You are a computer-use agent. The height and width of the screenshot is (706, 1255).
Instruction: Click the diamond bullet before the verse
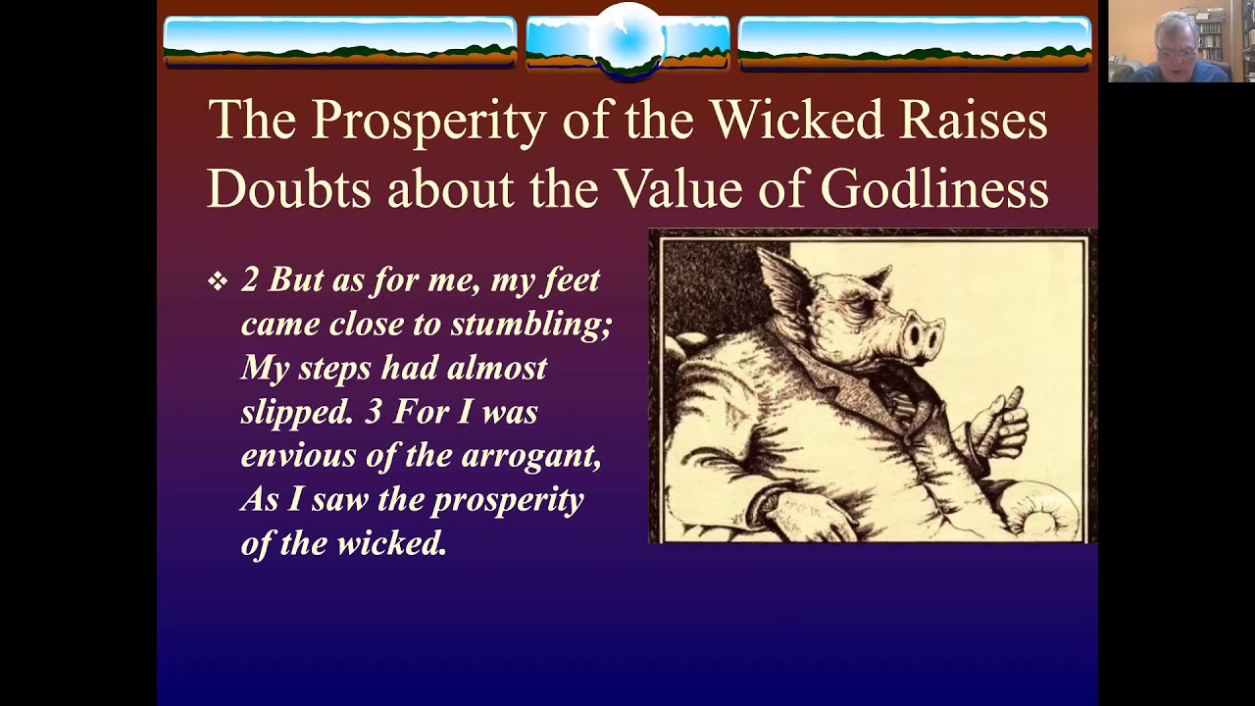click(x=217, y=282)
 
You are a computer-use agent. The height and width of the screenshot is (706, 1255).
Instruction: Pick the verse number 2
click(x=250, y=280)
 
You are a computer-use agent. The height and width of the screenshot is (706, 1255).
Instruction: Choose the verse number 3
click(x=374, y=412)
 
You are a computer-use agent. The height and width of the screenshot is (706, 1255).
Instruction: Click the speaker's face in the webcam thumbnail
click(x=1176, y=40)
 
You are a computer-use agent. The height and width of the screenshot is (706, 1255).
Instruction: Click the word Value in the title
click(x=676, y=189)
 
